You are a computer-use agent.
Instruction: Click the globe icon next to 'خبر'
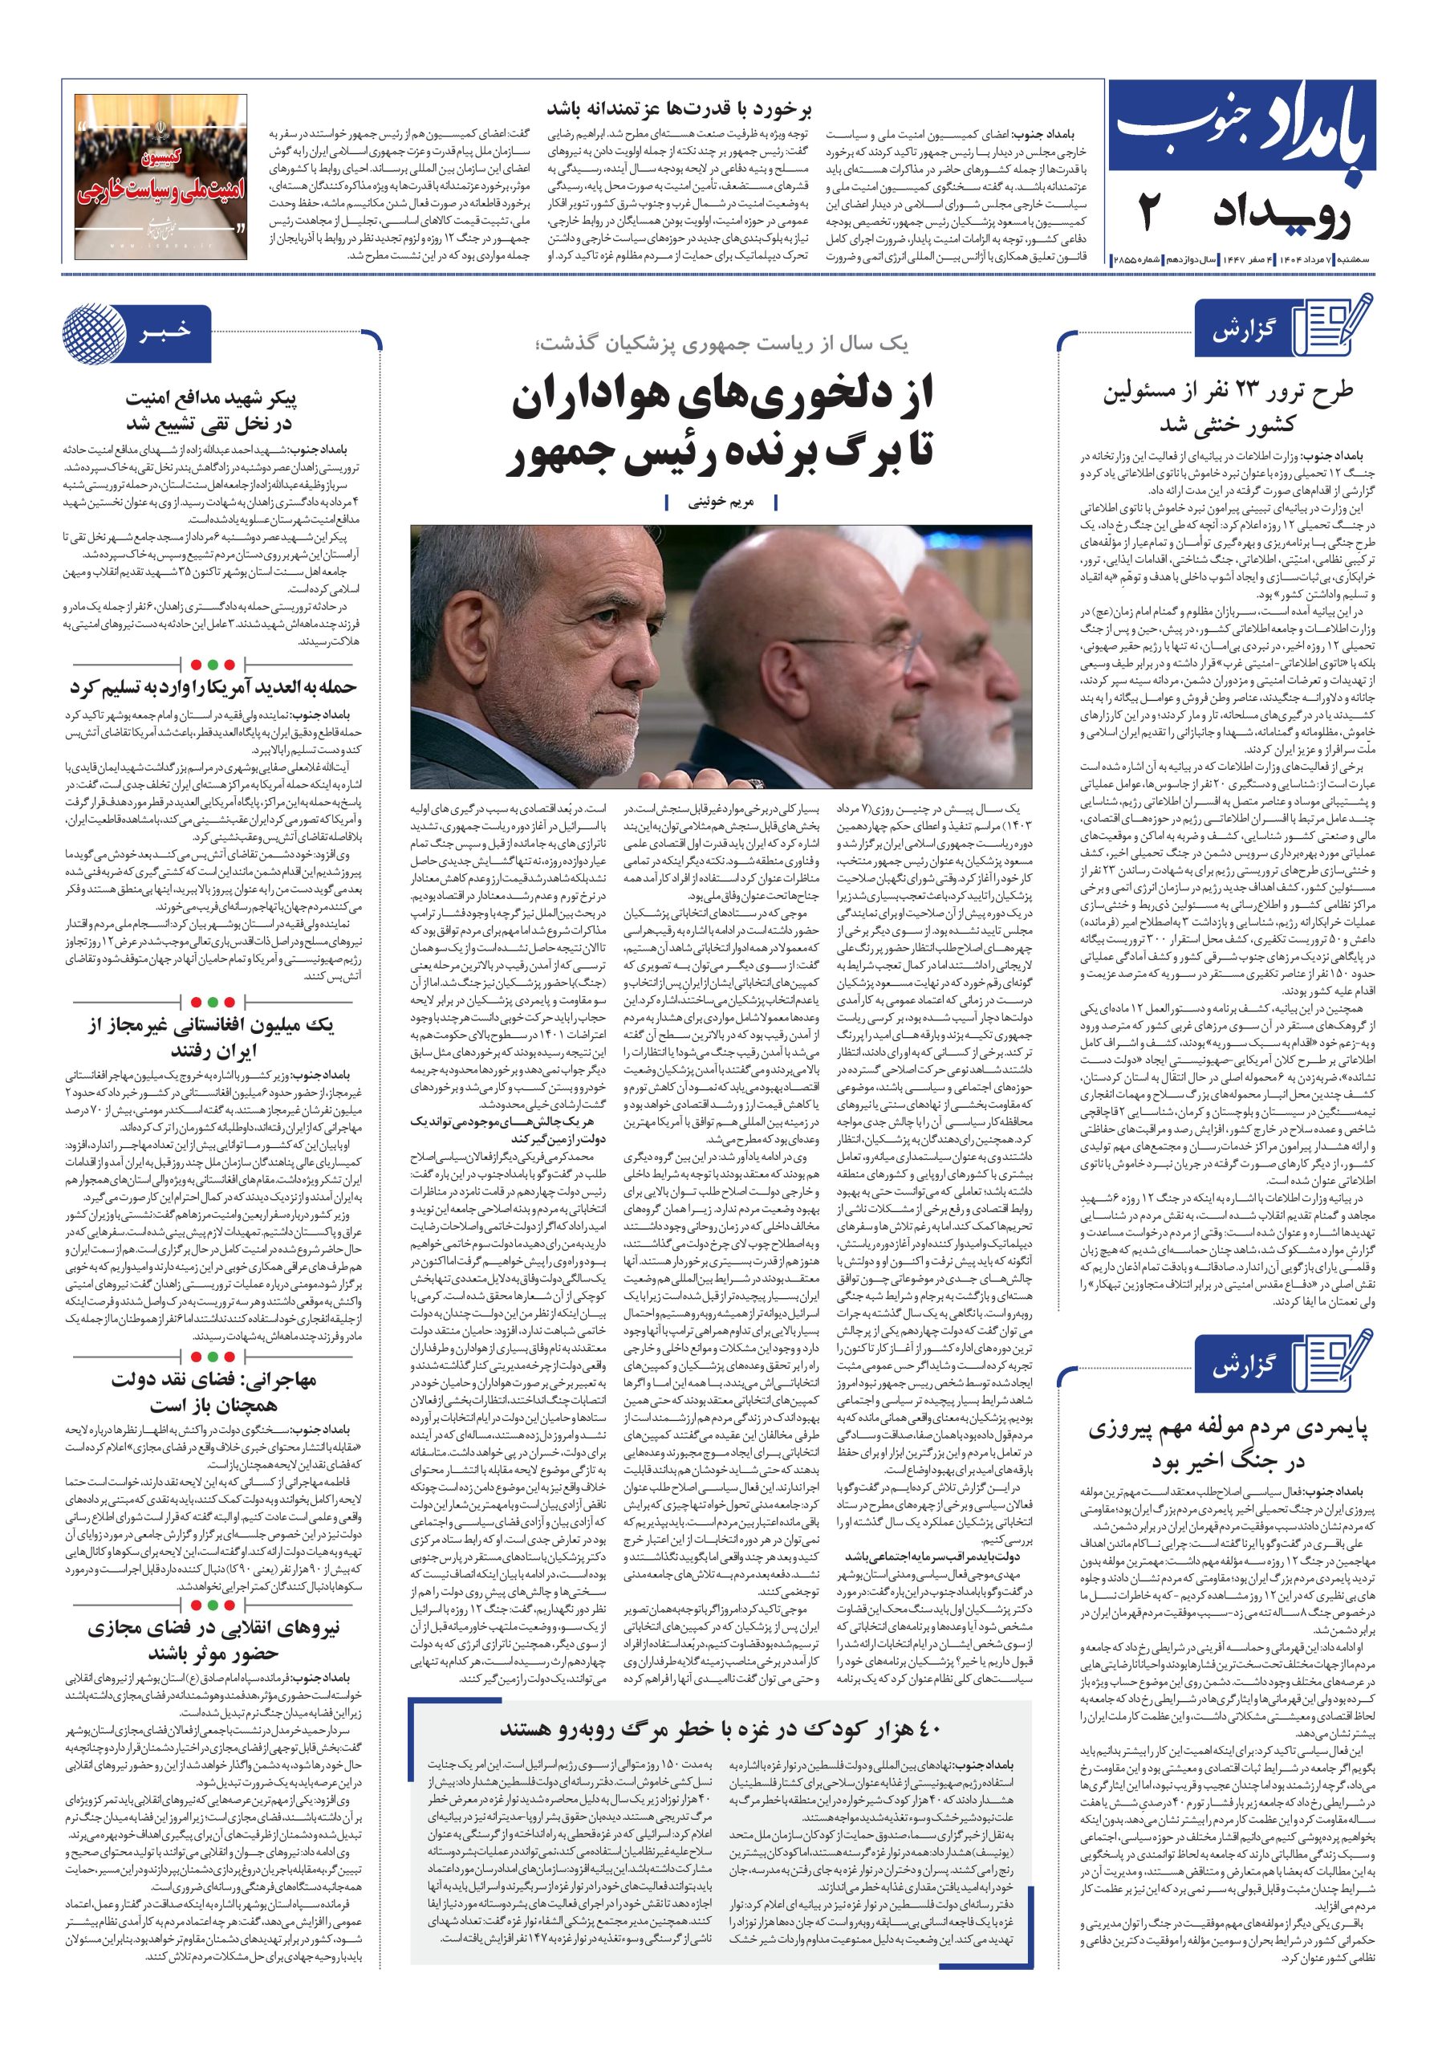[91, 333]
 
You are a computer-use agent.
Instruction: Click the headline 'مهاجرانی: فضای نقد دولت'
[213, 1391]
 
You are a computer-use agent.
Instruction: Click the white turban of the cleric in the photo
[965, 582]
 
